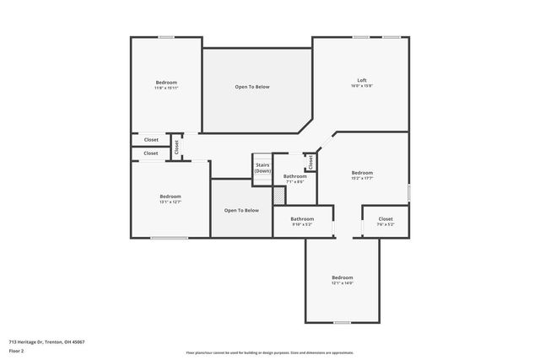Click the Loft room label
click(x=361, y=80)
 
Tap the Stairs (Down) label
click(x=262, y=168)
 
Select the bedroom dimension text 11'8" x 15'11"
click(x=165, y=88)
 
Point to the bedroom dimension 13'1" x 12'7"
click(x=170, y=201)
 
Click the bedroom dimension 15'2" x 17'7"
click(x=362, y=178)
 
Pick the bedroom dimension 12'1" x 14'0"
click(x=342, y=283)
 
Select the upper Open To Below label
click(x=252, y=87)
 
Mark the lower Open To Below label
click(x=241, y=210)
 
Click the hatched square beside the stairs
click(x=278, y=195)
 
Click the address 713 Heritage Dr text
click(x=46, y=341)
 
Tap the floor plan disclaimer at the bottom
click(x=269, y=352)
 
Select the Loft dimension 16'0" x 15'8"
click(x=361, y=87)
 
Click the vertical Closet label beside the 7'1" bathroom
click(x=310, y=162)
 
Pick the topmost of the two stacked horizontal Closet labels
click(x=151, y=140)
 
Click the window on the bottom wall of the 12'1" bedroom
click(x=342, y=322)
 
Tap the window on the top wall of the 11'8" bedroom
click(x=166, y=37)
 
